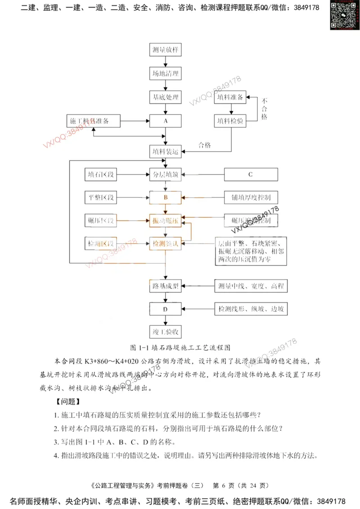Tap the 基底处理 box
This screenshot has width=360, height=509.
point(166,97)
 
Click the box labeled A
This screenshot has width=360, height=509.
point(166,121)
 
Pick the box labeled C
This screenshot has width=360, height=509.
point(250,174)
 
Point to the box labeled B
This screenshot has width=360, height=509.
point(166,197)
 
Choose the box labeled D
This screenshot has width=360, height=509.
point(166,309)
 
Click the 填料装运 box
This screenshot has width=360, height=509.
point(166,152)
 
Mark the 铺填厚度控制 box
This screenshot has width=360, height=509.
point(250,197)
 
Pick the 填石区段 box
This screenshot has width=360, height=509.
point(101,174)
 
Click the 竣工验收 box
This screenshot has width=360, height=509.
point(166,333)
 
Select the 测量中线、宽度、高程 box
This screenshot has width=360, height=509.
point(250,286)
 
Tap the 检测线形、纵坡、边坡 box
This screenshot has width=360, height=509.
point(250,309)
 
